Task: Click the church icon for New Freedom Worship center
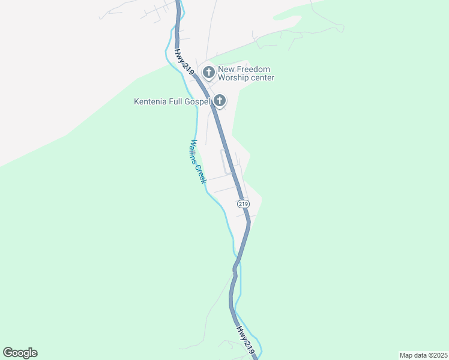click(x=209, y=73)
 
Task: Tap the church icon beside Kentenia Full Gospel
click(x=220, y=101)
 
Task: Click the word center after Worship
click(x=262, y=78)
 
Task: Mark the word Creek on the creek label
click(x=201, y=173)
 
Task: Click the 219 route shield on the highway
click(x=243, y=203)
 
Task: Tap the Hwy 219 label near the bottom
click(x=246, y=340)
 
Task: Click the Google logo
click(x=20, y=353)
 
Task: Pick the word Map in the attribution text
click(x=406, y=355)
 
